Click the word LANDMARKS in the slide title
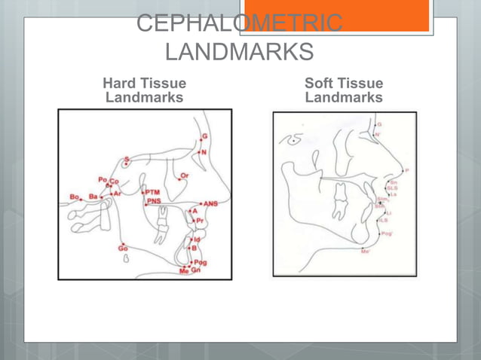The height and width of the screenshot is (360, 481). click(x=238, y=53)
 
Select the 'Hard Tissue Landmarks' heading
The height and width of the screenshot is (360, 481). click(x=144, y=90)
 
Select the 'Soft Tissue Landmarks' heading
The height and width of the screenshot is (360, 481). click(x=344, y=90)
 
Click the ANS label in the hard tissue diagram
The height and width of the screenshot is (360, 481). click(x=212, y=203)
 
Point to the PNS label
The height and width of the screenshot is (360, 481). click(x=154, y=200)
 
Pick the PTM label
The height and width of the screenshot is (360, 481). click(x=152, y=192)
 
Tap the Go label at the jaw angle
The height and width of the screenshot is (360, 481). click(x=122, y=248)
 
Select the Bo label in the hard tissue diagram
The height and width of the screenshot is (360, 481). click(x=75, y=197)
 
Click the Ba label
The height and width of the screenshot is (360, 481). click(x=93, y=197)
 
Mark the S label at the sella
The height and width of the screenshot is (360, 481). click(x=127, y=159)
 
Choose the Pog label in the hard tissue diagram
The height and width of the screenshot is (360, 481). click(x=201, y=262)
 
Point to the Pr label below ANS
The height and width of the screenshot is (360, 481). click(x=200, y=220)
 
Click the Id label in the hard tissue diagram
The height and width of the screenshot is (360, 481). click(x=197, y=239)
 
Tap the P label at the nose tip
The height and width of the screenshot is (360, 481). click(x=408, y=170)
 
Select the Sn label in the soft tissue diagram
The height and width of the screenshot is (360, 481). click(x=393, y=182)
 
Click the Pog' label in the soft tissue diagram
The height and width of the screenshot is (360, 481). click(x=387, y=233)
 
